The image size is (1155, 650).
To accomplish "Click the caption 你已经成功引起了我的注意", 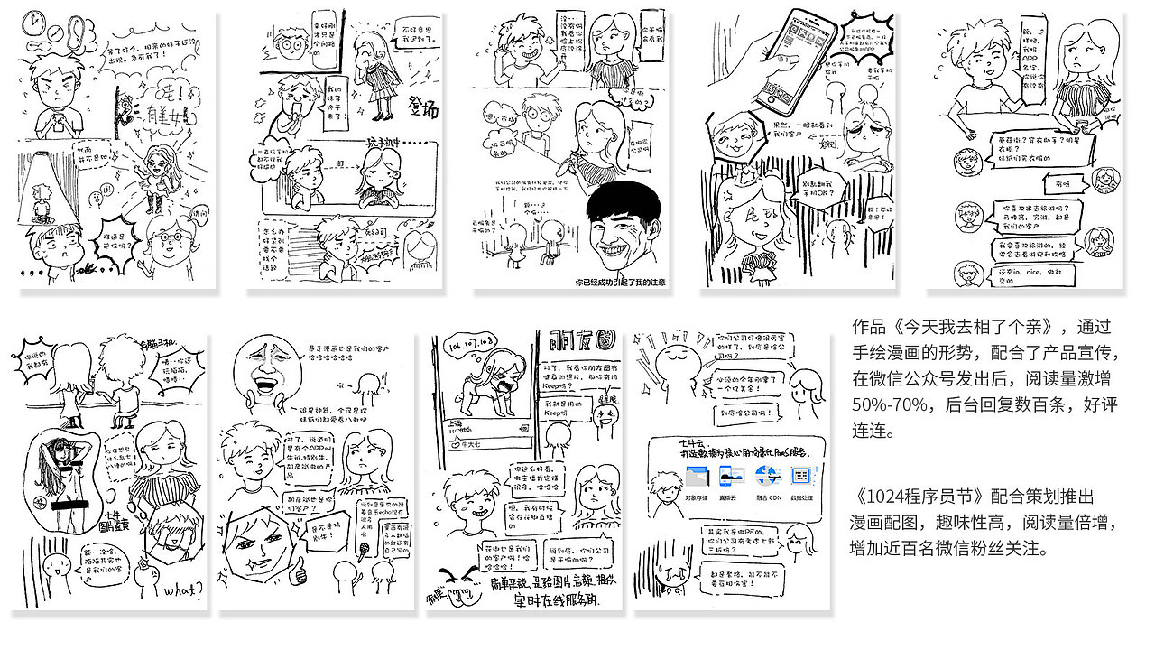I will [620, 283].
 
